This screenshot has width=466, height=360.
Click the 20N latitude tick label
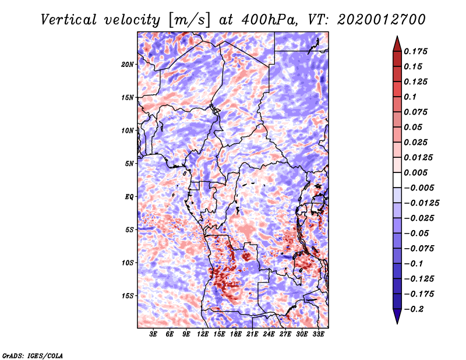pyautogui.click(x=128, y=64)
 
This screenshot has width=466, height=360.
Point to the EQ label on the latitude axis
pyautogui.click(x=129, y=196)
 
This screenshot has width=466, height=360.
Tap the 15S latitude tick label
pyautogui.click(x=128, y=295)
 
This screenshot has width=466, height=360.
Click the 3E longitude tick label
pyautogui.click(x=153, y=334)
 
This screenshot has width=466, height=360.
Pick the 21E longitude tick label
pyautogui.click(x=252, y=334)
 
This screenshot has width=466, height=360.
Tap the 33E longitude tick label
pyautogui.click(x=318, y=334)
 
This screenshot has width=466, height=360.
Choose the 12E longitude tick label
pyautogui.click(x=203, y=334)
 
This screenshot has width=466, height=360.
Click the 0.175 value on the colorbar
pyautogui.click(x=416, y=51)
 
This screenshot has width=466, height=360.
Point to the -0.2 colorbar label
pyautogui.click(x=415, y=309)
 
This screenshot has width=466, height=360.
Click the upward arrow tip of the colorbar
pyautogui.click(x=396, y=37)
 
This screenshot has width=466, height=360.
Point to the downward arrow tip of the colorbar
pyautogui.click(x=396, y=322)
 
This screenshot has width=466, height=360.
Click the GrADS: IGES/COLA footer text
pyautogui.click(x=33, y=355)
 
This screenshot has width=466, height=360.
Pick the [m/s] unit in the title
pyautogui.click(x=185, y=19)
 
